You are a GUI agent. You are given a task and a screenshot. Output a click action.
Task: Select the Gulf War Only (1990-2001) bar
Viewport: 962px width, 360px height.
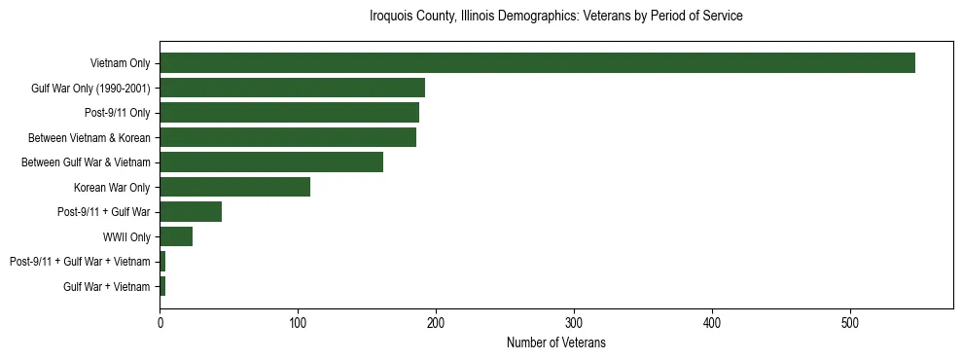tap(292, 88)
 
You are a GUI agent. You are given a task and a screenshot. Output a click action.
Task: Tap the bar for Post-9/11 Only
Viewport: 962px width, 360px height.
tap(289, 113)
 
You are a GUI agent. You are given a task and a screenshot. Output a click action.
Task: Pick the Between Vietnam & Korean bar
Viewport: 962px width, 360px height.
tap(288, 137)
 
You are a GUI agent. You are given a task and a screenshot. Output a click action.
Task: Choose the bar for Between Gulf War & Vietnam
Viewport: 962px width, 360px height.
tap(271, 162)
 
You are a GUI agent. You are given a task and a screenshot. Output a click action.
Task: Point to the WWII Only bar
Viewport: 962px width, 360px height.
tap(176, 236)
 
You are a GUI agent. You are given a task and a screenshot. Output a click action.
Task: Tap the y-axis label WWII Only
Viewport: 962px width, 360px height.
tap(127, 236)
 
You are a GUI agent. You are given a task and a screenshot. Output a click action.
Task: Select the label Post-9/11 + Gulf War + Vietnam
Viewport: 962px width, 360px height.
tap(80, 262)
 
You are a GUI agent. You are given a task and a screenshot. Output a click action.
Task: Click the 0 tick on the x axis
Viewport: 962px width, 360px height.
tap(160, 322)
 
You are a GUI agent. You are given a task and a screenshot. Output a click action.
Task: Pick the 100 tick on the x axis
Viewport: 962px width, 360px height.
tap(298, 322)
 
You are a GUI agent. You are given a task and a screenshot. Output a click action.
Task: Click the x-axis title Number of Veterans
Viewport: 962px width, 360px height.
tap(555, 342)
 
